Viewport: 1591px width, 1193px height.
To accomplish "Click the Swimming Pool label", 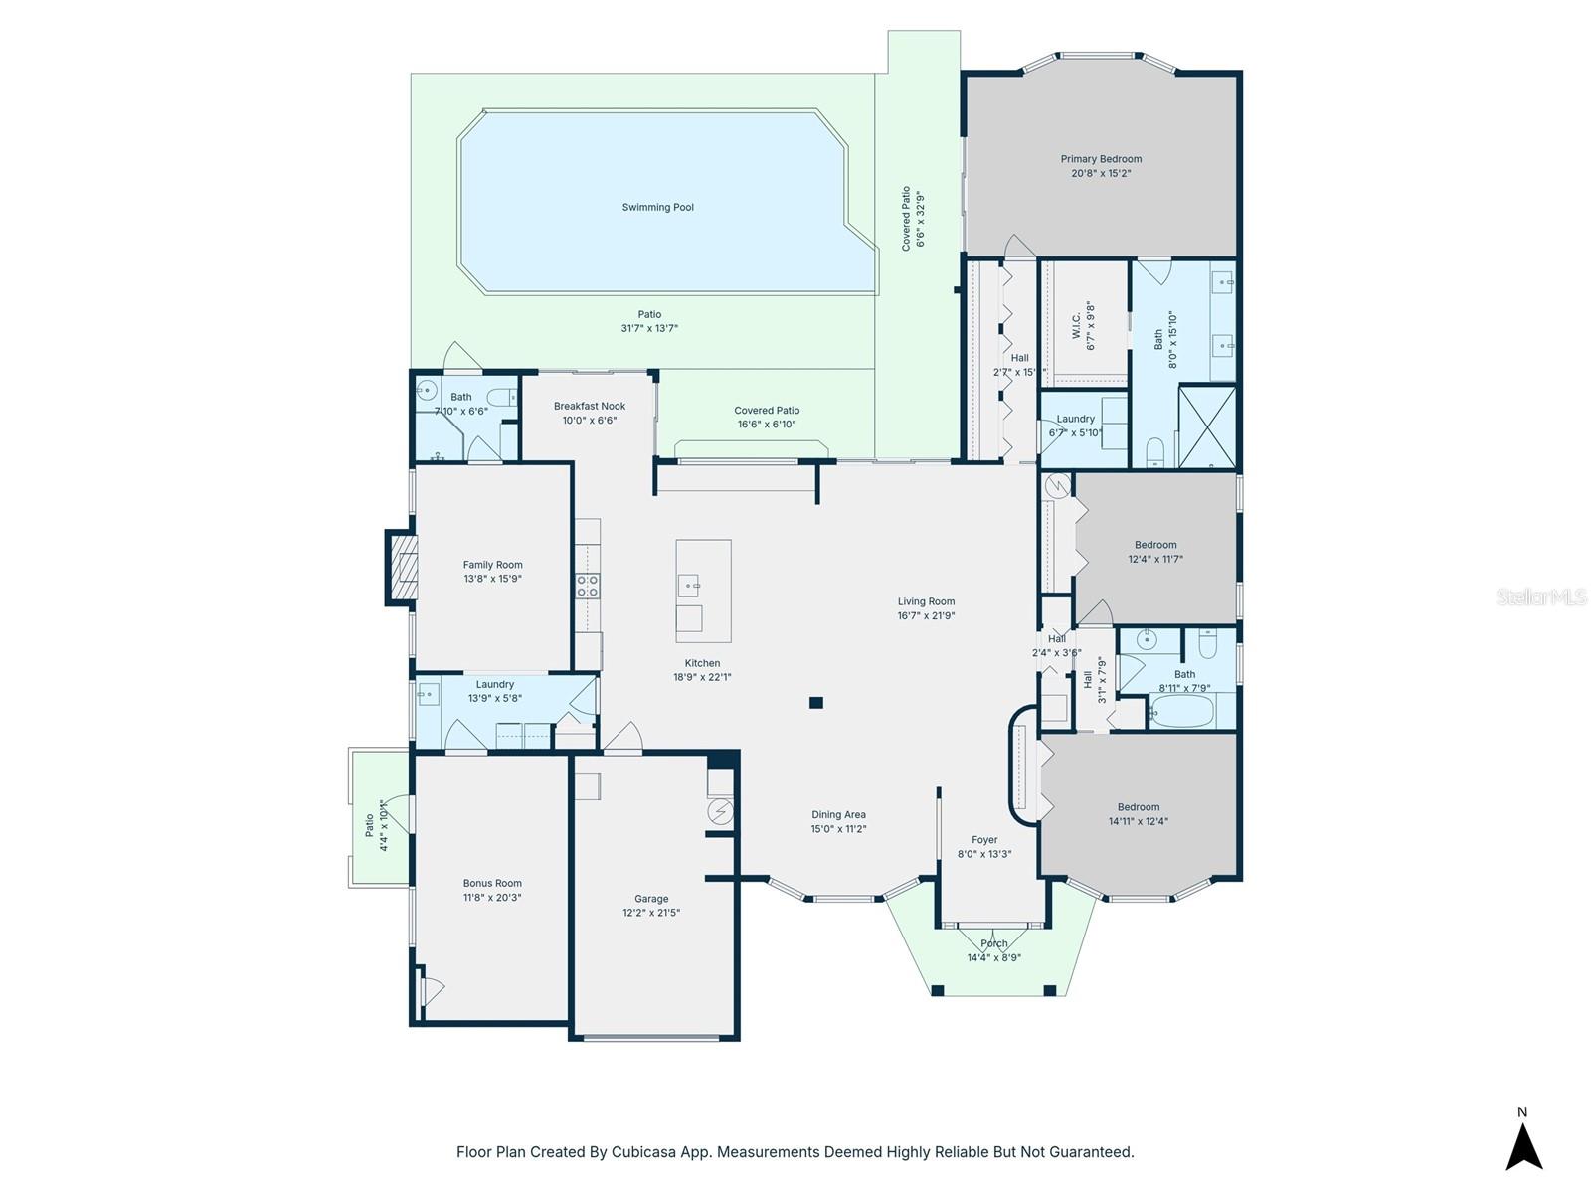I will tap(657, 207).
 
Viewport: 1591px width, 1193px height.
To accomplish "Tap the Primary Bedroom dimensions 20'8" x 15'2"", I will tap(1101, 173).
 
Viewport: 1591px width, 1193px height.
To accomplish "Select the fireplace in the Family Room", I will tap(402, 568).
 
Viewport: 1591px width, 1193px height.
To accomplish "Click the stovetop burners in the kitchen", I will tap(588, 586).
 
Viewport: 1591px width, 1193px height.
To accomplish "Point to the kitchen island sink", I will tap(689, 586).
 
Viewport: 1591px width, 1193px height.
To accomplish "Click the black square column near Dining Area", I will tap(816, 703).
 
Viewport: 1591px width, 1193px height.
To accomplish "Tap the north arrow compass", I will tap(1523, 1143).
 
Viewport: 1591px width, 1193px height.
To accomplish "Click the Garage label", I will tap(651, 899).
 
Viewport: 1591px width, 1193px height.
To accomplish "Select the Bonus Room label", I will tap(492, 883).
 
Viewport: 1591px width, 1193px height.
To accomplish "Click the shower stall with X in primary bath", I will tap(1206, 426).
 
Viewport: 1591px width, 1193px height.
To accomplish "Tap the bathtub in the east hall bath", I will tap(1181, 712).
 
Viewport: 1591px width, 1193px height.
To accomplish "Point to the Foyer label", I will tap(984, 840).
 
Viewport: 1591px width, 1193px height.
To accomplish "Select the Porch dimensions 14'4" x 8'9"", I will tap(994, 958).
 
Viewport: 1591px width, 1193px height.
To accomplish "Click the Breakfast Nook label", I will tap(590, 406).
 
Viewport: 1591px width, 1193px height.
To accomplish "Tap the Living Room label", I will tap(926, 601).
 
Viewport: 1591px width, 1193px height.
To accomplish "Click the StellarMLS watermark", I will tap(1542, 596).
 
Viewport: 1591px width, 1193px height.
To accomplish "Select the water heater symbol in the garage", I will tap(720, 812).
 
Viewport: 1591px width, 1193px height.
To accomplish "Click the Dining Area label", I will tap(838, 814).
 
